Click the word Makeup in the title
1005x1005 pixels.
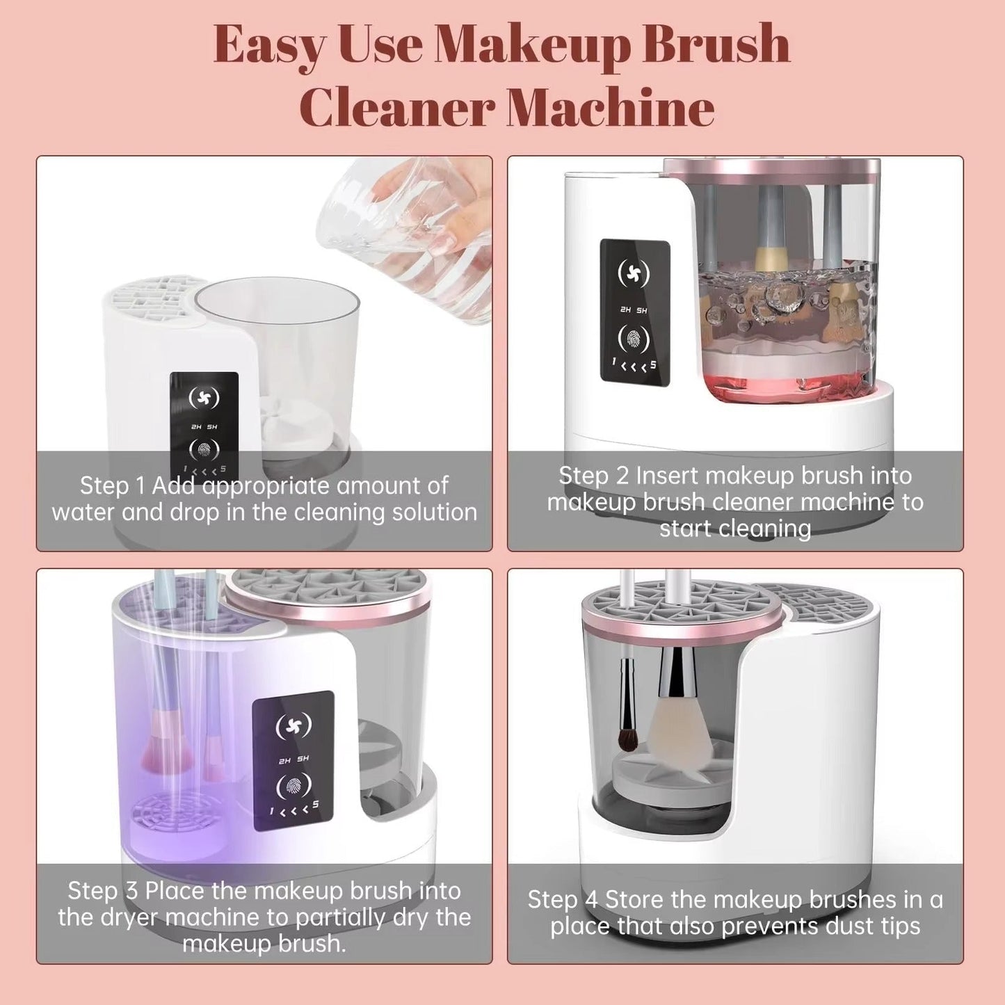(x=531, y=45)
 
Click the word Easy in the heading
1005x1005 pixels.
(x=268, y=45)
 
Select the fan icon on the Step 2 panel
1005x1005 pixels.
(x=634, y=273)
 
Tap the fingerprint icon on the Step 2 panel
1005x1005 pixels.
(x=634, y=339)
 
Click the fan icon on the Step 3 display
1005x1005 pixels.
(x=294, y=725)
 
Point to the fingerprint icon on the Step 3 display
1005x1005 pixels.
(x=294, y=787)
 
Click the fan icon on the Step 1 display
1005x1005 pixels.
(x=204, y=397)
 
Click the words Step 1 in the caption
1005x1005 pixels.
(x=112, y=485)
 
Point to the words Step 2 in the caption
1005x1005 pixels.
(x=593, y=476)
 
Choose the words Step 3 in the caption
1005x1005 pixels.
(x=102, y=891)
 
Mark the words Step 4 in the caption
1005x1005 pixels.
(x=562, y=900)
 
